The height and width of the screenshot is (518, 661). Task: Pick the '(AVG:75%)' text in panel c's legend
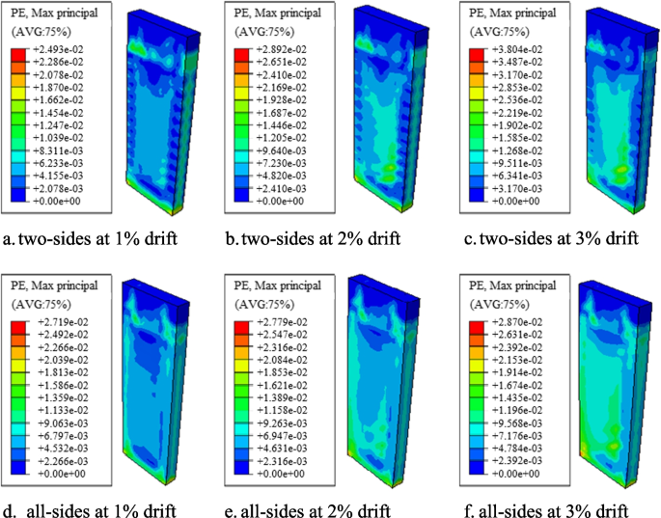pos(492,30)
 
